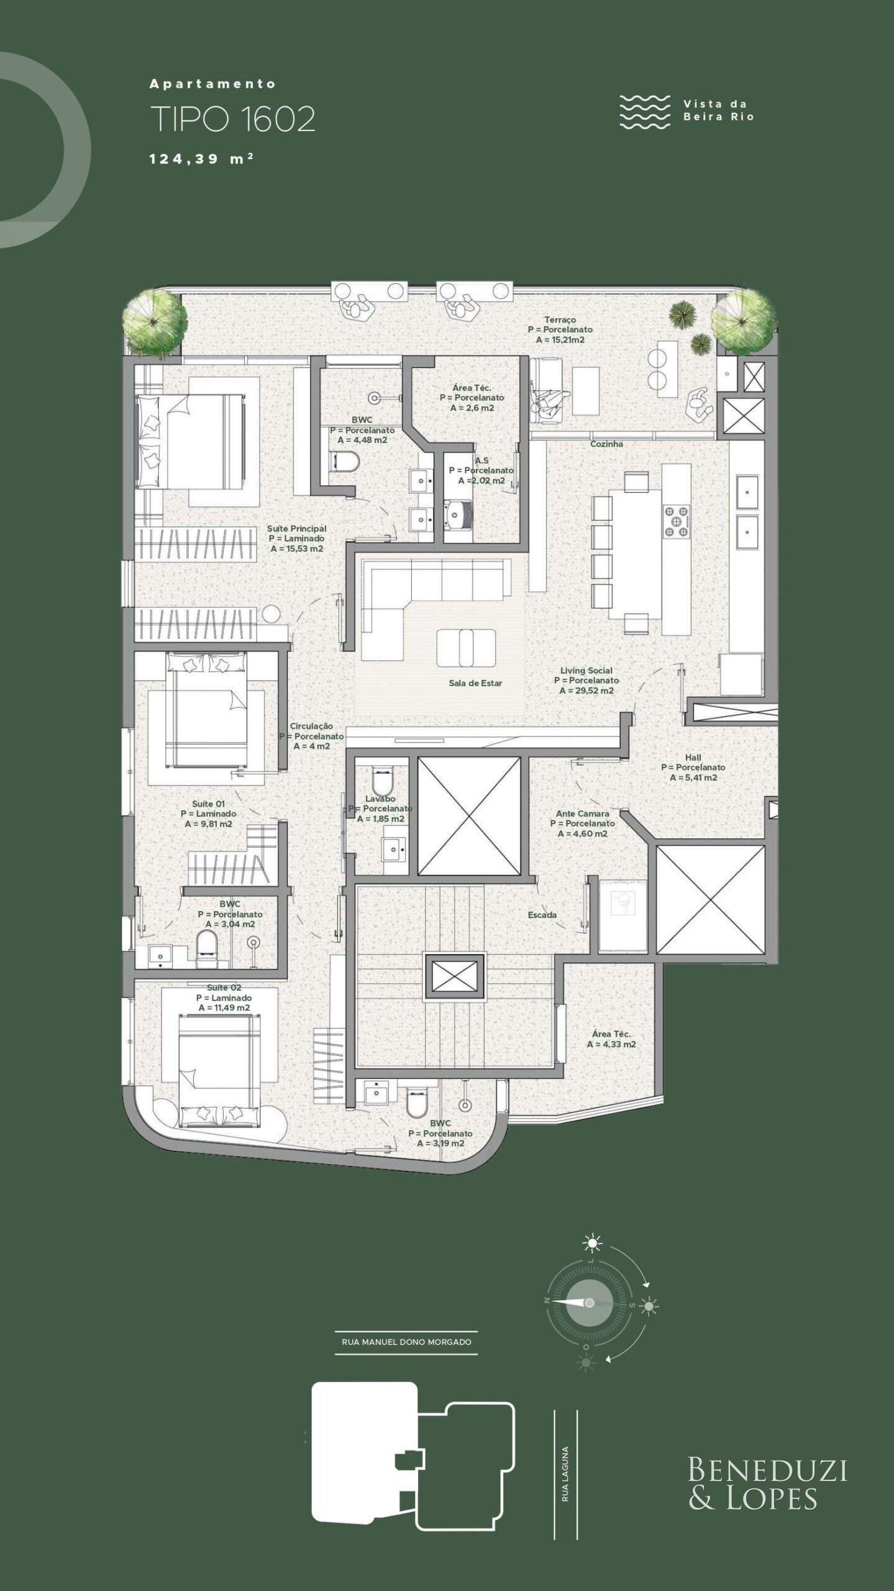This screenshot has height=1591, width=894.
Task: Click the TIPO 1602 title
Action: [233, 119]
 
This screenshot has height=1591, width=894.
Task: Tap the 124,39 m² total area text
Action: [201, 158]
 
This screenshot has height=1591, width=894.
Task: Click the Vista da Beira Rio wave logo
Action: [645, 112]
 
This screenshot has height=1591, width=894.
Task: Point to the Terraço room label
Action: [560, 319]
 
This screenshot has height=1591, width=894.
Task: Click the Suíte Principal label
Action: [296, 529]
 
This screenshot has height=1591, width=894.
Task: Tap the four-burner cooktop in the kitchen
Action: [677, 521]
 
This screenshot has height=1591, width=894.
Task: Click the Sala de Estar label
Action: [475, 683]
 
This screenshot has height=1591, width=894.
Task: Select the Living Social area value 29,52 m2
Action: [586, 690]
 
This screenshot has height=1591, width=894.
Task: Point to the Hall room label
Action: [693, 758]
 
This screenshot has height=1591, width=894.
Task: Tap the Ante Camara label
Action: [583, 814]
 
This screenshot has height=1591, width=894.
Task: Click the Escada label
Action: [542, 915]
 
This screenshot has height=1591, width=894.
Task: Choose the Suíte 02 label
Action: [224, 988]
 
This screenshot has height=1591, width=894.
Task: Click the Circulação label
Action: [311, 726]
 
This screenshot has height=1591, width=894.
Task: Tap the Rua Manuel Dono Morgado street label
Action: [406, 1342]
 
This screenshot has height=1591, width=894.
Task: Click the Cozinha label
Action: [606, 444]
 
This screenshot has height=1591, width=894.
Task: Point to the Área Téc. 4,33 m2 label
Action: [611, 1039]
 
